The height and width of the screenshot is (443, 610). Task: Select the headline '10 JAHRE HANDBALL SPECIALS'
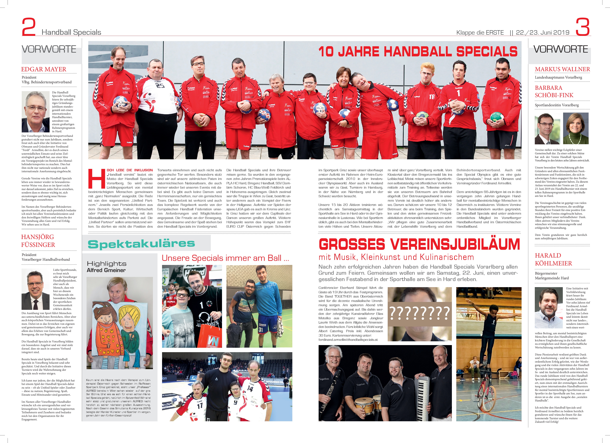pos(418,51)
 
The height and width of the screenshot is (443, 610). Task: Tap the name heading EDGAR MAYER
pos(44,69)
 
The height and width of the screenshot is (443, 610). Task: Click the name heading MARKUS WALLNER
pos(562,69)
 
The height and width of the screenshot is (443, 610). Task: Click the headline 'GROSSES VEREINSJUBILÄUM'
pos(419,244)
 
